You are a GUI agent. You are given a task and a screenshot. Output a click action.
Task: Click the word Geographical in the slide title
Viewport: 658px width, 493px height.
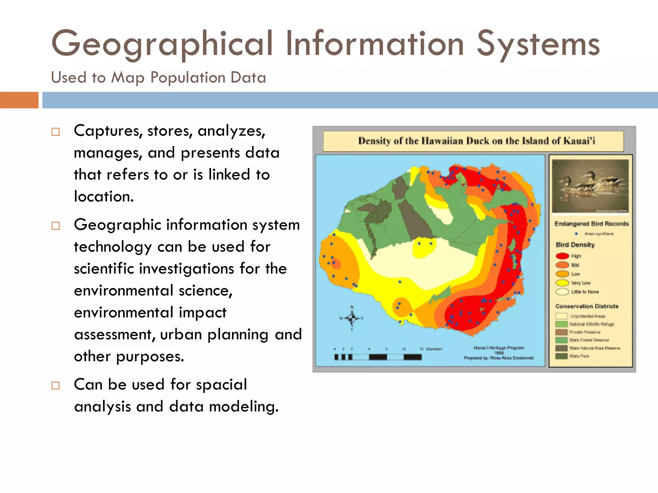click(162, 44)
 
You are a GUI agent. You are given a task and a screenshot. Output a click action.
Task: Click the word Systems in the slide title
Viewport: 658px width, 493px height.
click(538, 44)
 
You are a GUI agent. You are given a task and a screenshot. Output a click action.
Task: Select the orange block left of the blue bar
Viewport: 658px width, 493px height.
click(19, 100)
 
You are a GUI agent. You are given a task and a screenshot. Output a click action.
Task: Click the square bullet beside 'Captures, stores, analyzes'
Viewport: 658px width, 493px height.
click(56, 132)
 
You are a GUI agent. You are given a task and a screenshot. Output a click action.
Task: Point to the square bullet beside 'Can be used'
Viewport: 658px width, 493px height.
click(56, 385)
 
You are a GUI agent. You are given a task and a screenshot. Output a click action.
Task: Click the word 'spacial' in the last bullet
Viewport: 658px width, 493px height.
click(221, 385)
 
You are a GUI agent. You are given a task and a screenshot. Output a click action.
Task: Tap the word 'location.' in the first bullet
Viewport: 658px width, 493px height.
click(104, 196)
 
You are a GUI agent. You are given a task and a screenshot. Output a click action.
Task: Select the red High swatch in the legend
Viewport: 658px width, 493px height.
click(562, 256)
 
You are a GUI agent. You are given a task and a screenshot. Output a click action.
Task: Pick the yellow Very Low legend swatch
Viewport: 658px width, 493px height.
click(562, 283)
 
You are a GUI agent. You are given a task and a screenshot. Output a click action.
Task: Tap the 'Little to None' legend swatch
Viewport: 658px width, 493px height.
click(562, 292)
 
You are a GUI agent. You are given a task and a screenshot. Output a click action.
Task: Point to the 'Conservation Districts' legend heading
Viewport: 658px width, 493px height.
click(587, 306)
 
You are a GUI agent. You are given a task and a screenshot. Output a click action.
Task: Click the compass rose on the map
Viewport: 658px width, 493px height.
click(352, 318)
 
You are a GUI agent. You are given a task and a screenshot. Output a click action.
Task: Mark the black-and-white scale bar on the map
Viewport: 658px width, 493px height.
click(378, 357)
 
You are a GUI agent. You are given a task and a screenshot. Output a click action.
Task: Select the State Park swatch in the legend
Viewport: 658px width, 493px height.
click(561, 356)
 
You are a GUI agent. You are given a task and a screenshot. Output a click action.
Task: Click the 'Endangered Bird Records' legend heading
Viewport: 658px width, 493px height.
click(591, 224)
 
